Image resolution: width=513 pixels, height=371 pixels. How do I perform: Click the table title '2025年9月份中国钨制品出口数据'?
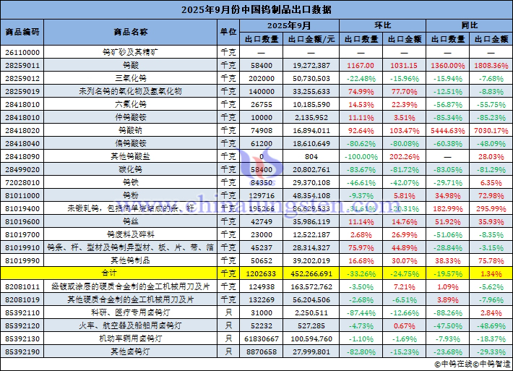(256, 9)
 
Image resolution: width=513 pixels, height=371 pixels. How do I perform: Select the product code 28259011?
(22, 65)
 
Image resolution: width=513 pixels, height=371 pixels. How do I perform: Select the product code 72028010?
(22, 182)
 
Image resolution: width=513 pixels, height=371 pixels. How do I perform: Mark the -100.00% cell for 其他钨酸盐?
(360, 156)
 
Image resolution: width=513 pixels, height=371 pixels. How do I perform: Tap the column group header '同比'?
(470, 25)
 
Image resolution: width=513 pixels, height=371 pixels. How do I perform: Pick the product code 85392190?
(22, 351)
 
